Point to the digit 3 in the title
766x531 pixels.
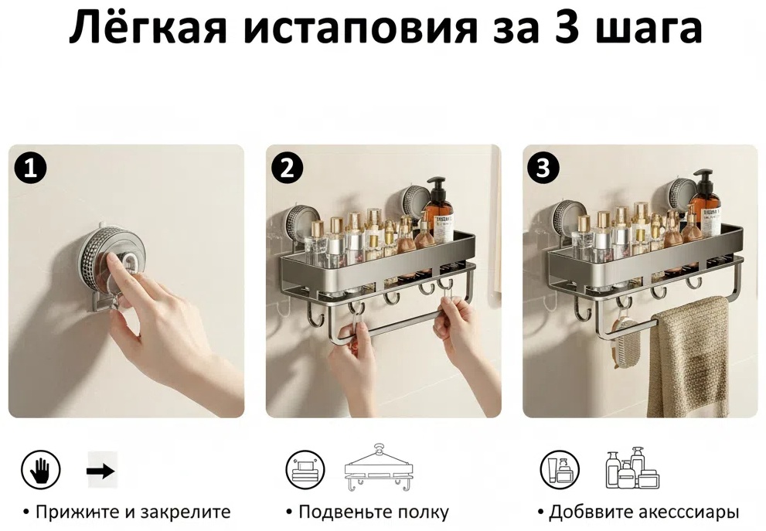click(567, 29)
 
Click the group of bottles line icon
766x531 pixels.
click(632, 468)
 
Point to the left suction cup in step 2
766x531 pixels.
click(298, 225)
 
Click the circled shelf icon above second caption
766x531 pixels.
click(305, 471)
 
